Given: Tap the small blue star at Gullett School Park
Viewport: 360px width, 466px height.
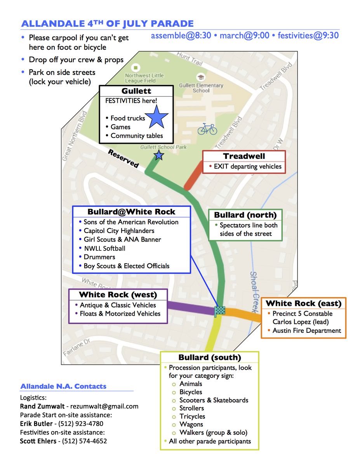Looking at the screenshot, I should [159, 156].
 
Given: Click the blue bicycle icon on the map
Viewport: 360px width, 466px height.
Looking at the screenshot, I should [207, 129].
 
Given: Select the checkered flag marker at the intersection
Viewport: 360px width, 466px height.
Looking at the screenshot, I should [220, 311].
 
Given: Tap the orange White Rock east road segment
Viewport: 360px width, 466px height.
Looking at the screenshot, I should [243, 313].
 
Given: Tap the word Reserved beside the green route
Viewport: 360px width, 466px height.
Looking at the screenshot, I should [123, 158].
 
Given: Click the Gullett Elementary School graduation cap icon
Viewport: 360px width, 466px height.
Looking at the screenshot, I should [201, 77].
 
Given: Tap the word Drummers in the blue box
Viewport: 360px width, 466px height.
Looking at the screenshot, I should [99, 257].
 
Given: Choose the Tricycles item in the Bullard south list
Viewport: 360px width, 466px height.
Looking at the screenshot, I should [192, 416].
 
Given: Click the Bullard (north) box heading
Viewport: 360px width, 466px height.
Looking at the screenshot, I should [245, 215].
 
